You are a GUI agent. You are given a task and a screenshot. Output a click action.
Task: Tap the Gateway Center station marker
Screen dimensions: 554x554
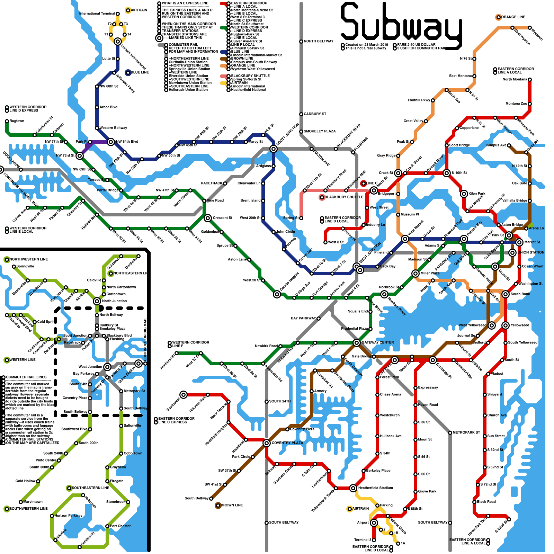point(357,343)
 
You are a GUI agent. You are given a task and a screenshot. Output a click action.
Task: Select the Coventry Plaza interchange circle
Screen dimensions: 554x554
point(267,443)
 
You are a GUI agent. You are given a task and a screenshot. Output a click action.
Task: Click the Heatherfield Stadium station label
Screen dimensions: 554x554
point(376,488)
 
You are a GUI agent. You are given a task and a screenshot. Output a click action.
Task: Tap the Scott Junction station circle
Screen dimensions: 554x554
point(274,149)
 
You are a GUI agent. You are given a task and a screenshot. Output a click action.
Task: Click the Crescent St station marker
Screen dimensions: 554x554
point(208,218)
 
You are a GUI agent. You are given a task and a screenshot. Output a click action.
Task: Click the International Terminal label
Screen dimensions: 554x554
point(97,14)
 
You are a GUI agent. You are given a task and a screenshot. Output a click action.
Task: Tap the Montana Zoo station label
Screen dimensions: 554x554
point(516,104)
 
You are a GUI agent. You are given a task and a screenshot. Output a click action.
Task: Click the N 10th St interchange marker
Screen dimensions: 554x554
point(447,173)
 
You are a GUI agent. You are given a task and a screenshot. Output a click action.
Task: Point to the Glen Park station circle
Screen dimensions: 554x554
point(464,194)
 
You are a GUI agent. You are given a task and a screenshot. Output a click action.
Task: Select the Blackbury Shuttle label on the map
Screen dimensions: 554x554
point(344,197)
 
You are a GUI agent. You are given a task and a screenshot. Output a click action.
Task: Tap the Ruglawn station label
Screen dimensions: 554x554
point(17,121)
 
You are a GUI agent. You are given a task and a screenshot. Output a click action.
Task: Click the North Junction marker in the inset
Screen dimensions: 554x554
point(97,301)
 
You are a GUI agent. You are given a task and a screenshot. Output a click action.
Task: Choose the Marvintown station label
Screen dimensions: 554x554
point(33,502)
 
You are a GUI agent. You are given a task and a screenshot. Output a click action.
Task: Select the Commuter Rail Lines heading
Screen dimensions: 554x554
point(26,377)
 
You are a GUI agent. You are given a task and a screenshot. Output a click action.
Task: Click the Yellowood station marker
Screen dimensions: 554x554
point(506,325)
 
